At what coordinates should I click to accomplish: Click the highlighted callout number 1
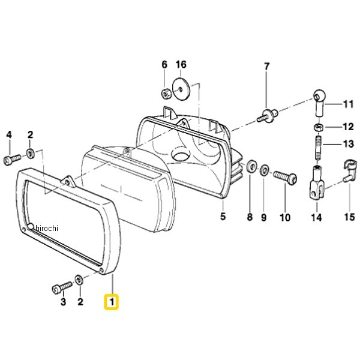(x=112, y=302)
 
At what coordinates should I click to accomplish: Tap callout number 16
(x=181, y=65)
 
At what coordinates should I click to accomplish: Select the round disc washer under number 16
(x=181, y=89)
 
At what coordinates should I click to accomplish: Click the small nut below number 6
(x=166, y=94)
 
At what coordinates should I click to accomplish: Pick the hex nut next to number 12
(x=317, y=127)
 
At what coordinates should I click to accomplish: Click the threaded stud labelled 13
(x=317, y=148)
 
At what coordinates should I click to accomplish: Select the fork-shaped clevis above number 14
(x=317, y=184)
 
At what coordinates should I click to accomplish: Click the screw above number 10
(x=285, y=176)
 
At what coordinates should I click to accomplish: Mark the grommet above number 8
(x=251, y=166)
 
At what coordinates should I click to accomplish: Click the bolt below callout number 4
(x=12, y=159)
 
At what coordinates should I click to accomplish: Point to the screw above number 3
(x=62, y=287)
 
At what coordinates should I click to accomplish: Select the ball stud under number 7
(x=268, y=116)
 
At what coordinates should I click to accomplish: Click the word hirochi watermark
(x=47, y=228)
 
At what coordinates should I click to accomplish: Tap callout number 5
(x=223, y=216)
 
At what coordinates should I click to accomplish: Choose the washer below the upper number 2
(x=31, y=154)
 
